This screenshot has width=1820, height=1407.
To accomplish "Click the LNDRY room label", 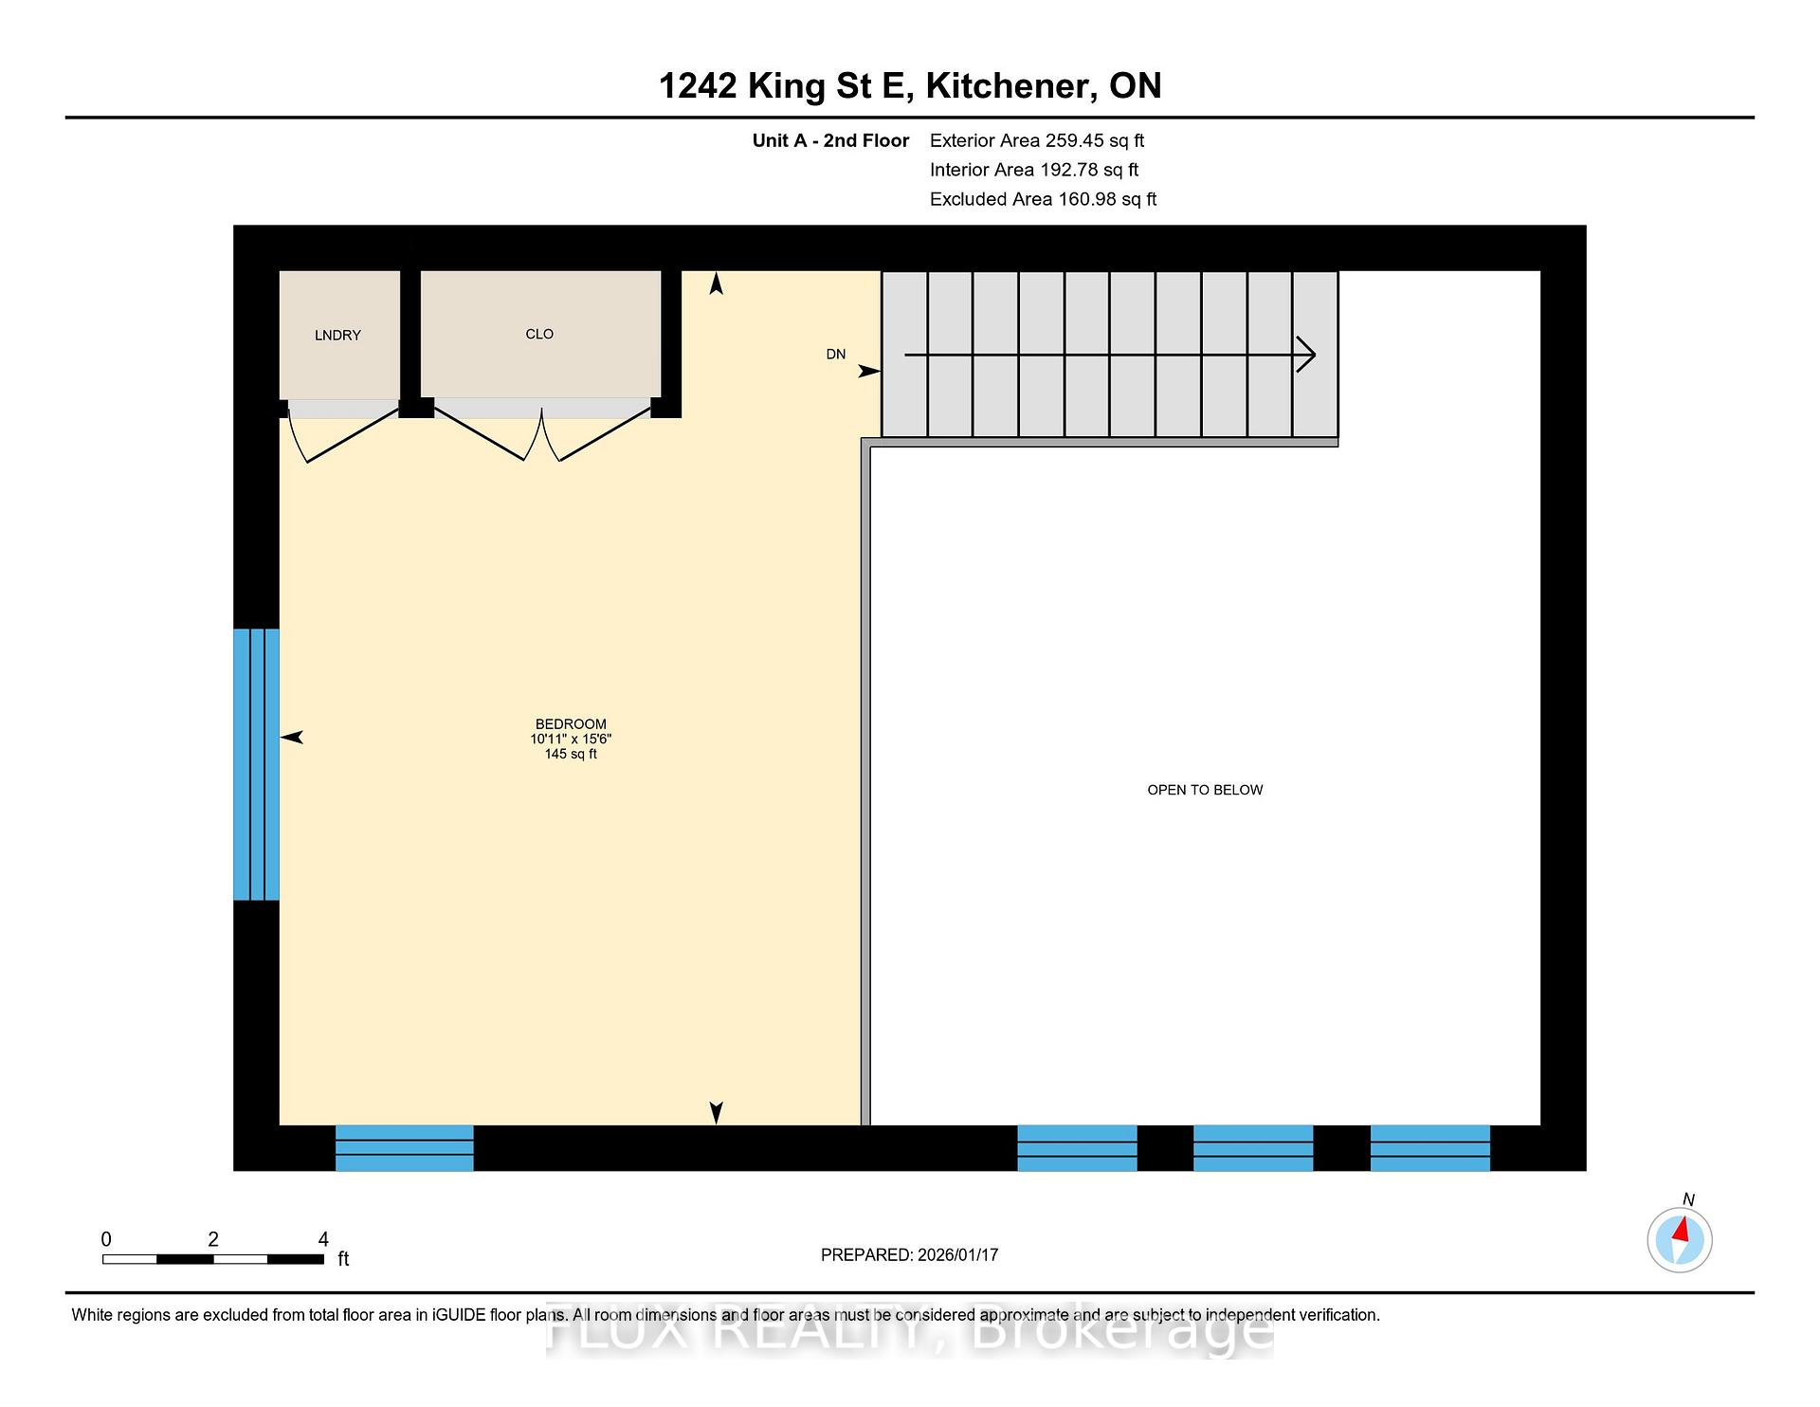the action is [337, 336].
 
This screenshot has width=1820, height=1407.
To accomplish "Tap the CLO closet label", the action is [539, 334].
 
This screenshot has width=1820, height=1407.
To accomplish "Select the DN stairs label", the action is [835, 355].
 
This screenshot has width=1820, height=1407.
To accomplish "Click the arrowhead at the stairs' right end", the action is [1306, 355].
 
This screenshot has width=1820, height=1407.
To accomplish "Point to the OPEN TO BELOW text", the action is [1205, 790].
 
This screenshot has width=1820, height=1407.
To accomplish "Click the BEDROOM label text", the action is [571, 724].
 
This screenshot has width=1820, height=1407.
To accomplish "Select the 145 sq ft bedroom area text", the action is [571, 755].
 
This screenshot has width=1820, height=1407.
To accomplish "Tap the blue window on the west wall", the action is [257, 764].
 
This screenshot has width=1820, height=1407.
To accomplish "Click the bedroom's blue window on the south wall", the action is [405, 1148].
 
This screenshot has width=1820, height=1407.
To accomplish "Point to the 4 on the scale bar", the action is [323, 1239].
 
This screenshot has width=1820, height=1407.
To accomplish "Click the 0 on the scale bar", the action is [106, 1239].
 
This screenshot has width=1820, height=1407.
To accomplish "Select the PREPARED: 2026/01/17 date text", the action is [910, 1255].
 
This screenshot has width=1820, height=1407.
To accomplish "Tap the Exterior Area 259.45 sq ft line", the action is [1037, 141].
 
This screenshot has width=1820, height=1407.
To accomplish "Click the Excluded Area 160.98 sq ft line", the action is [1044, 199].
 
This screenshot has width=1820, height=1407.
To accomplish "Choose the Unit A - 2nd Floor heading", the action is [830, 141].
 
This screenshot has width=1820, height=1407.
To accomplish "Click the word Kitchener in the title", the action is [1007, 86].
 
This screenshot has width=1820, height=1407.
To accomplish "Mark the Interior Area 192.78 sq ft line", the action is [1034, 170].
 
